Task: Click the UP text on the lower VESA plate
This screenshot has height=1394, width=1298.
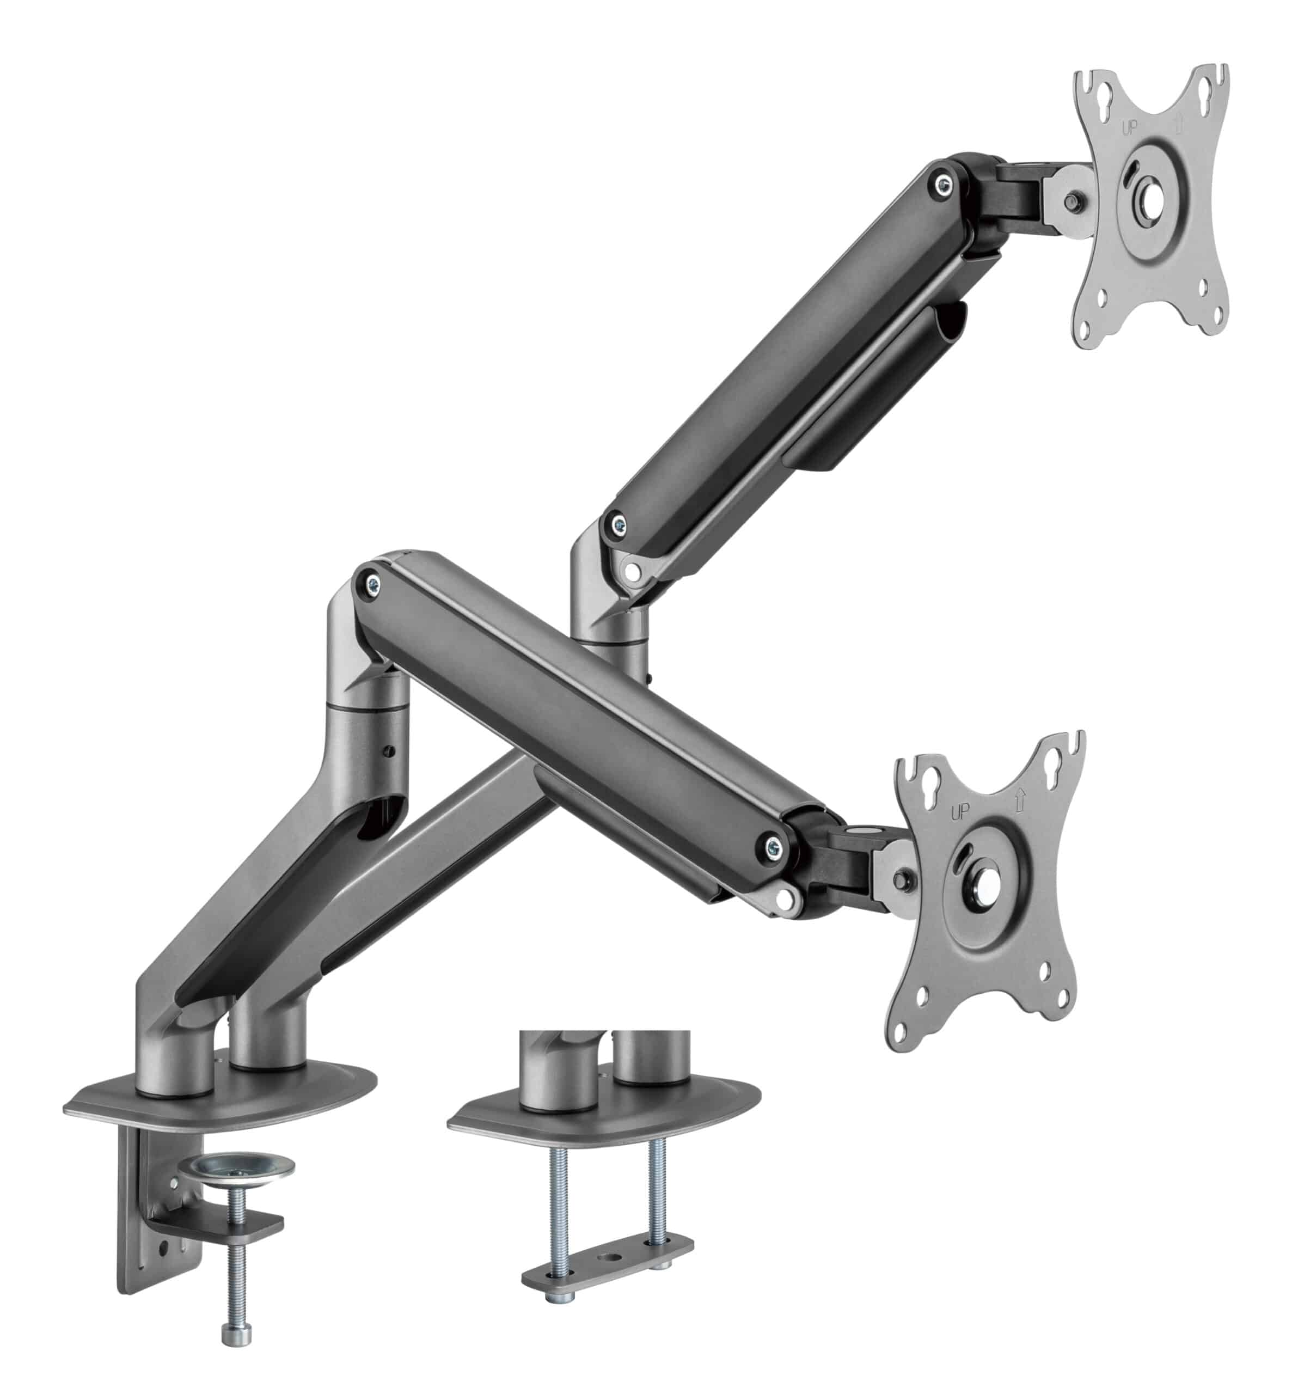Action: pos(959,812)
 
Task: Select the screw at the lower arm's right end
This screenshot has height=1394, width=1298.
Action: pos(774,846)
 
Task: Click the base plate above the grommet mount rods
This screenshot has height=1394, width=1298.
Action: pos(603,1126)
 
